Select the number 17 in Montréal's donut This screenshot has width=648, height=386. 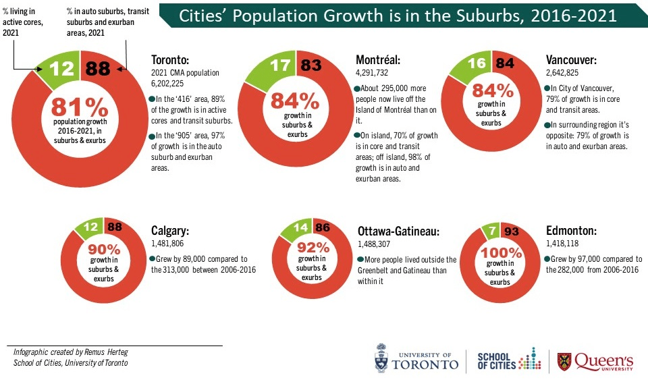pos(278,67)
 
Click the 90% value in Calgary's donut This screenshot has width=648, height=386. pos(105,248)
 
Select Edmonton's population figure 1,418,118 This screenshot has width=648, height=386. pos(566,243)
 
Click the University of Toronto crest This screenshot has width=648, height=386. pos(382,358)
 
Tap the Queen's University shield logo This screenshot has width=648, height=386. pos(563,361)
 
